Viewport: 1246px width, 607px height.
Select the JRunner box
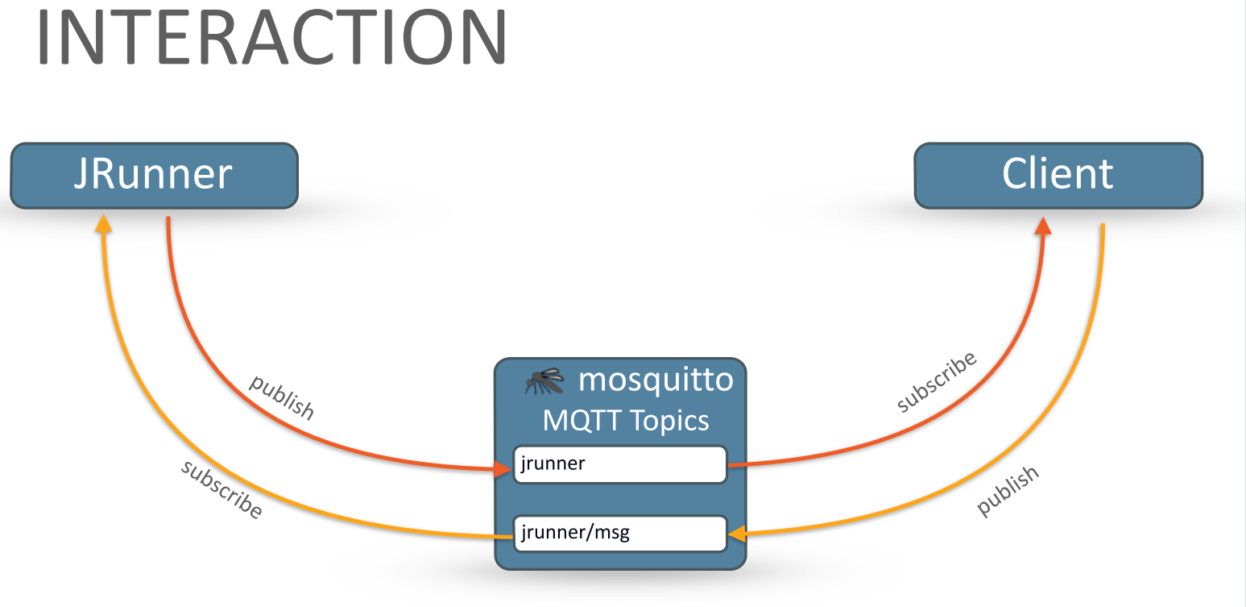click(x=154, y=175)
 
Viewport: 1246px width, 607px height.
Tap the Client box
click(x=1058, y=175)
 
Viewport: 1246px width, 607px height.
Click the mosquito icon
click(x=544, y=380)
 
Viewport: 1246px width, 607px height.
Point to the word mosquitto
click(x=656, y=379)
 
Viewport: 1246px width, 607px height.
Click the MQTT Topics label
click(x=626, y=420)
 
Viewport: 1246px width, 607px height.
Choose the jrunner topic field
click(x=620, y=464)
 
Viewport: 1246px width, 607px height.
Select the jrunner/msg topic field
click(x=620, y=533)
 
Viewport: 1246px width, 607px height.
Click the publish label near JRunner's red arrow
click(x=282, y=397)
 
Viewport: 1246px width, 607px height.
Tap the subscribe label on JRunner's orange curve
click(x=221, y=489)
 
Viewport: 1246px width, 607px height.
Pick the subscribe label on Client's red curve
click(x=937, y=381)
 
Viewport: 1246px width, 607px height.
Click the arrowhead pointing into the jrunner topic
click(x=503, y=469)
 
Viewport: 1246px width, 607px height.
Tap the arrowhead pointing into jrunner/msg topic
click(x=737, y=533)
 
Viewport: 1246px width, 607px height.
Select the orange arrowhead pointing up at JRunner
click(x=103, y=223)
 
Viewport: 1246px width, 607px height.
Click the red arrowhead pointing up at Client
click(x=1043, y=225)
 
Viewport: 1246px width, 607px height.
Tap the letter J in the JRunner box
click(x=81, y=175)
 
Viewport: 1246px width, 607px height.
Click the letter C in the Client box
click(x=1014, y=174)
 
